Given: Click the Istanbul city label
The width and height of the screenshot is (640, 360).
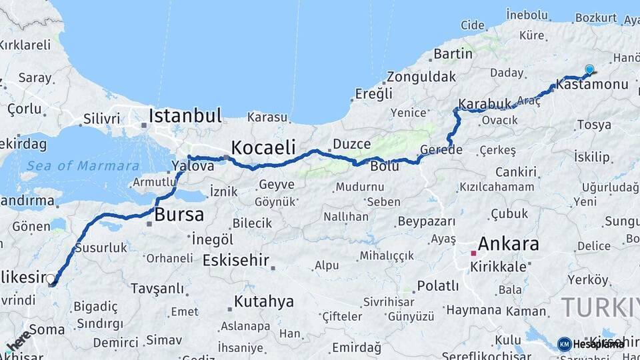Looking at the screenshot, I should click(x=185, y=115).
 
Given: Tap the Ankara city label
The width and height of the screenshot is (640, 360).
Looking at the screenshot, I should click(x=509, y=243).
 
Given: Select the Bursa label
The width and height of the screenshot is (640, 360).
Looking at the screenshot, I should click(x=179, y=215).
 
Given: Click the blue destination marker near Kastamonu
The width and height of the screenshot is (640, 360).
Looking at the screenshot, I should click(x=589, y=69).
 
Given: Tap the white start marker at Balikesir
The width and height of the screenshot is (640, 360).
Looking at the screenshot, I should click(x=51, y=279).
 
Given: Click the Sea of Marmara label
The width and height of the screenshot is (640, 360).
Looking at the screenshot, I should click(x=83, y=166).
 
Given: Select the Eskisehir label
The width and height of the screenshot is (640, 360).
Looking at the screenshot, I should click(x=235, y=259).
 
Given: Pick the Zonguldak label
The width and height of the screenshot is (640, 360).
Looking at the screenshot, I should click(x=421, y=76).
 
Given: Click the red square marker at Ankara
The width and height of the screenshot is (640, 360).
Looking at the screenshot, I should click(x=473, y=253).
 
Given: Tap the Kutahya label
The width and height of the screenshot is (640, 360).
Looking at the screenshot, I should click(x=263, y=301).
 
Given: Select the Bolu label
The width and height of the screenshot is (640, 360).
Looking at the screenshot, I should click(x=385, y=165).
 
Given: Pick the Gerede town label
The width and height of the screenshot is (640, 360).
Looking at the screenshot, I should click(x=441, y=149).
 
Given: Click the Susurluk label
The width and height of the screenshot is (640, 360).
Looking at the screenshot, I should click(x=101, y=247).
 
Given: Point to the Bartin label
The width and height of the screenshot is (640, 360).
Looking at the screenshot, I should click(x=453, y=53).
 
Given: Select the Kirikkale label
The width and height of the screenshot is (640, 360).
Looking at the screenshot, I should click(x=495, y=266).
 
